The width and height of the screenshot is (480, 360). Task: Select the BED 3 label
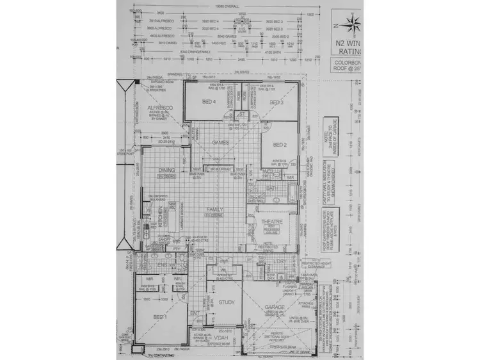click(276, 102)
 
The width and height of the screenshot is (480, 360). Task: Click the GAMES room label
click(221, 142)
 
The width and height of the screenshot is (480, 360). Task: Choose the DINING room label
click(166, 170)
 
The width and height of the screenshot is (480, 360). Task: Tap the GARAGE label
click(275, 307)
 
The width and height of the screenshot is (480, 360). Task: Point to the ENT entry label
click(195, 313)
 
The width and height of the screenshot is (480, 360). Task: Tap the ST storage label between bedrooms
click(243, 114)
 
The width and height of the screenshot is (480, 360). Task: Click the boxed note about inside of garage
click(330, 133)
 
